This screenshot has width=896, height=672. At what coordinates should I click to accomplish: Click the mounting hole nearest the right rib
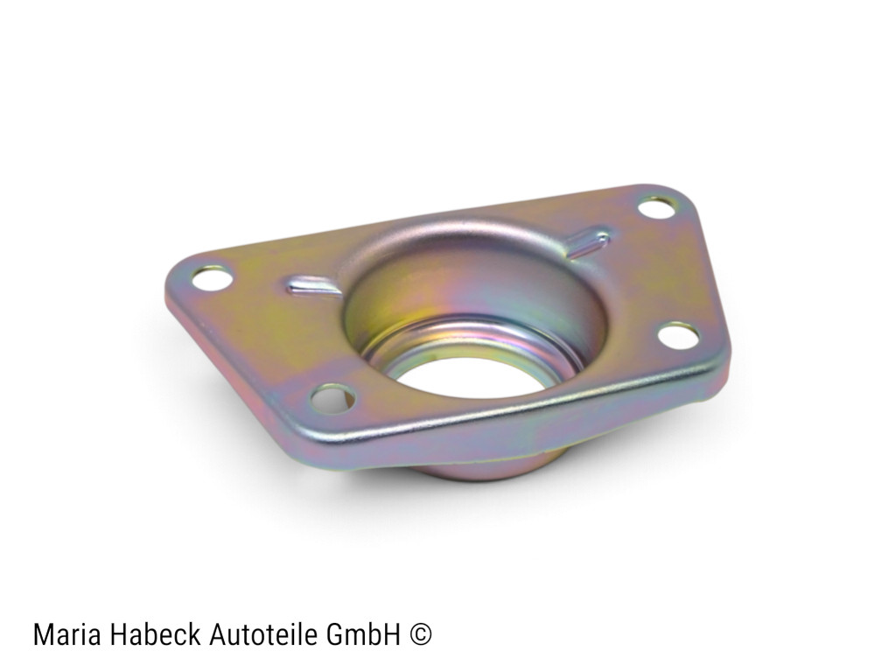pos(657,207)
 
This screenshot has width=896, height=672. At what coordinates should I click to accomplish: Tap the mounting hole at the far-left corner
pos(213,279)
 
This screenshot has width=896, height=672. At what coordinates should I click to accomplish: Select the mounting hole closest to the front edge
pos(332,398)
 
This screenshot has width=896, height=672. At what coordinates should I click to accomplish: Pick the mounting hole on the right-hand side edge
pos(679,335)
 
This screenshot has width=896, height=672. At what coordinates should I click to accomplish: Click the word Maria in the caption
pos(67,634)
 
